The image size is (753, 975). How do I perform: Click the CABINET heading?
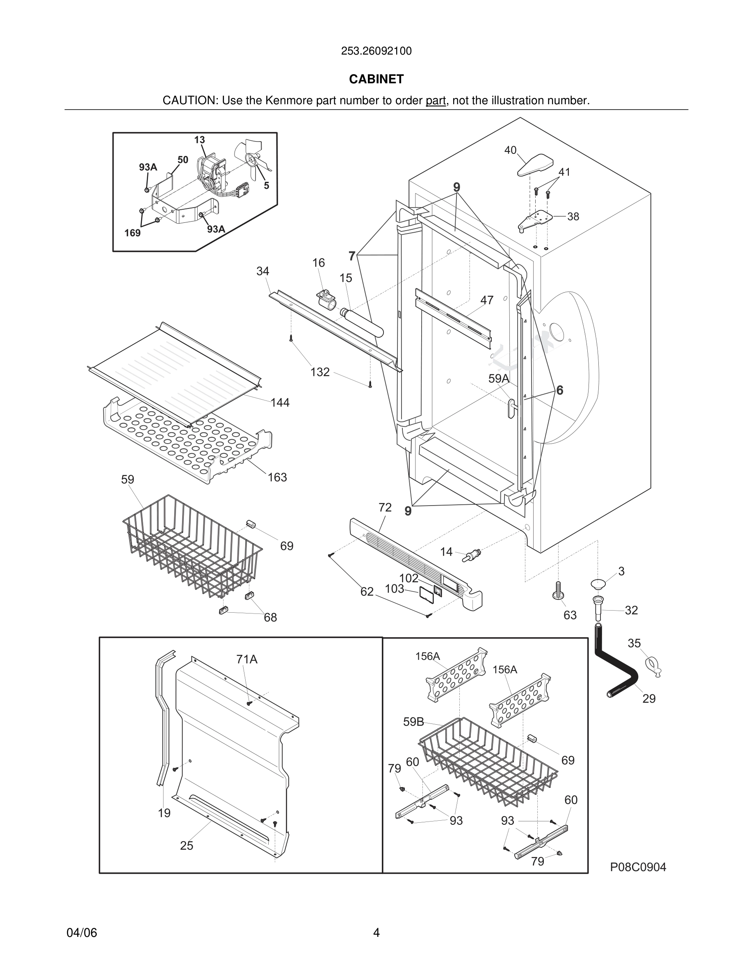(x=376, y=79)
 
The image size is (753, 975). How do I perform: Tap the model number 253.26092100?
(x=376, y=51)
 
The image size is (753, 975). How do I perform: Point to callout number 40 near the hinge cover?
(x=510, y=151)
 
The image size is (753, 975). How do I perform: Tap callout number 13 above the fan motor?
(x=199, y=140)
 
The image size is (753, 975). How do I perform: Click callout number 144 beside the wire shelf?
(x=280, y=403)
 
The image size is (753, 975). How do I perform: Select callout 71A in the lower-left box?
(x=246, y=659)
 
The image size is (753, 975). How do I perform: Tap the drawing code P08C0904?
(x=638, y=867)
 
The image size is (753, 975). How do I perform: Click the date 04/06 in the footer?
(x=82, y=933)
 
